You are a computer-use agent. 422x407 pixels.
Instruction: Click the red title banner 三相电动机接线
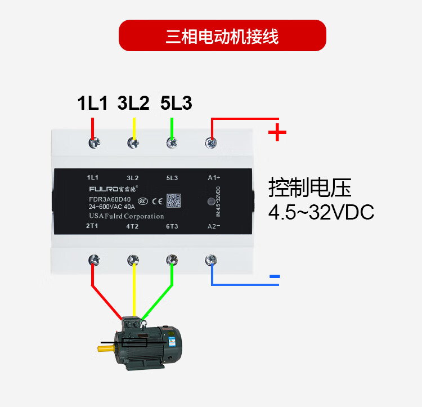(222, 35)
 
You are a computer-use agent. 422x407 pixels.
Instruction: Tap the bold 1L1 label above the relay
(92, 103)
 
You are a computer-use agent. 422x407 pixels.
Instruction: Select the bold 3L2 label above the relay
(133, 103)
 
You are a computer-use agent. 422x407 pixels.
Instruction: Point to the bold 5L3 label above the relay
(176, 103)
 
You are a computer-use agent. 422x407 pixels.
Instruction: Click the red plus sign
(277, 133)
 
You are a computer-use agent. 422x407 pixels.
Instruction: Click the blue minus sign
(275, 276)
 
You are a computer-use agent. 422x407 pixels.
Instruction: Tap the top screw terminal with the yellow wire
(133, 144)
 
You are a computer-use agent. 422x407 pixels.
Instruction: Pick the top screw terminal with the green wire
(172, 144)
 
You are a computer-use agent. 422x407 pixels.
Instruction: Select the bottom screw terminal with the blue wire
(212, 260)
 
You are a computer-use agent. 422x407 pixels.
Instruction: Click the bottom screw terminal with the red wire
(93, 260)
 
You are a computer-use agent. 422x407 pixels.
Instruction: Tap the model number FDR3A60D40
(110, 200)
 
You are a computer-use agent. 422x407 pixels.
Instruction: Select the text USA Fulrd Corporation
(126, 216)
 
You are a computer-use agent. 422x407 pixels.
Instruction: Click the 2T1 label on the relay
(93, 226)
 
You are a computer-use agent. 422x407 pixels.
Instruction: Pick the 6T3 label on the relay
(172, 226)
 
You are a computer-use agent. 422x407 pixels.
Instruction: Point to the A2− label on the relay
(213, 226)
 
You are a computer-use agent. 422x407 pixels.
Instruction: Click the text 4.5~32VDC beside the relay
(321, 213)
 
